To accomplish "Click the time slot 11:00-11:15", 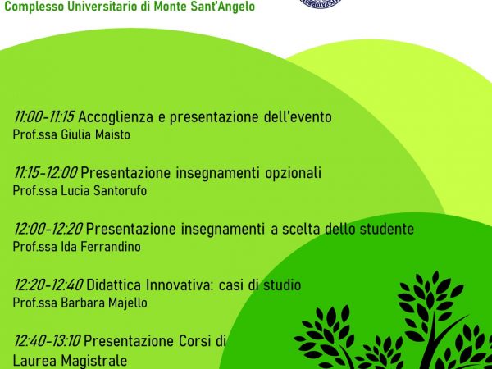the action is [x=44, y=117].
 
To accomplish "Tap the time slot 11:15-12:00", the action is [x=45, y=173].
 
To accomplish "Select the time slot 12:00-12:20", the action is [x=48, y=229].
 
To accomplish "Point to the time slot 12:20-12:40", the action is [x=48, y=285].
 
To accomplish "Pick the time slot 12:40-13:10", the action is [x=47, y=341].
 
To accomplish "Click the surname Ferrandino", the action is [x=111, y=247].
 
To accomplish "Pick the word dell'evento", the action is [x=298, y=117].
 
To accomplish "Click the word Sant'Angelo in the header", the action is [x=226, y=7].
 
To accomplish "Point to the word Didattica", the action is [x=114, y=285].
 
